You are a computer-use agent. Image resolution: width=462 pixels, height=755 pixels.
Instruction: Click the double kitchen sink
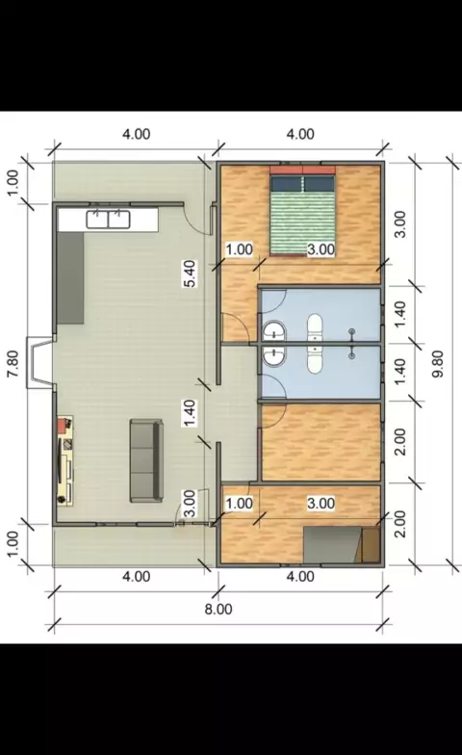click(108, 220)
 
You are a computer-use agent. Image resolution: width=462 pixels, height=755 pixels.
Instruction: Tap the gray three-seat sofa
click(146, 460)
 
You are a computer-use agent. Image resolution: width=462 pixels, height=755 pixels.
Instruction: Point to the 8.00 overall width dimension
click(218, 609)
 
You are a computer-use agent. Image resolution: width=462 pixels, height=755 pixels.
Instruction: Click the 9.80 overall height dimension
click(438, 364)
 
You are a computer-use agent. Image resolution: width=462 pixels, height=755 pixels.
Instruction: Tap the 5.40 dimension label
click(191, 273)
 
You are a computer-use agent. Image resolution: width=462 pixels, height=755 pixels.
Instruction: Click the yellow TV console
click(65, 460)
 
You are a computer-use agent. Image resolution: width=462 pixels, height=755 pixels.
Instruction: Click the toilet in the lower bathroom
click(315, 358)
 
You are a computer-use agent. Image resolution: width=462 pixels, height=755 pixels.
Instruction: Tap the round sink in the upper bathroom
click(274, 331)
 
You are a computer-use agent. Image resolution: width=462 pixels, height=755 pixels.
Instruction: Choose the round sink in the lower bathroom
click(274, 356)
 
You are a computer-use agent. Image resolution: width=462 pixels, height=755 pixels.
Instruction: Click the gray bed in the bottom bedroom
click(332, 545)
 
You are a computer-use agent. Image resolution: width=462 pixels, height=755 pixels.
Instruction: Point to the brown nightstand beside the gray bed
click(372, 545)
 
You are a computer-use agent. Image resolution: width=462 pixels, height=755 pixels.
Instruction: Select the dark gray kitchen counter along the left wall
click(70, 278)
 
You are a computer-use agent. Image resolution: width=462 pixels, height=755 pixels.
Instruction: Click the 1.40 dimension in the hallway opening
click(191, 413)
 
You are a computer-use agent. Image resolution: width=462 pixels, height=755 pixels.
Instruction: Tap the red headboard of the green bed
click(302, 169)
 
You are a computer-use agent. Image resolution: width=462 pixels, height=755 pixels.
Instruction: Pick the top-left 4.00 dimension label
click(137, 134)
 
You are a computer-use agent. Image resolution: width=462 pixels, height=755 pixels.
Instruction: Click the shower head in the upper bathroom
click(352, 331)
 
